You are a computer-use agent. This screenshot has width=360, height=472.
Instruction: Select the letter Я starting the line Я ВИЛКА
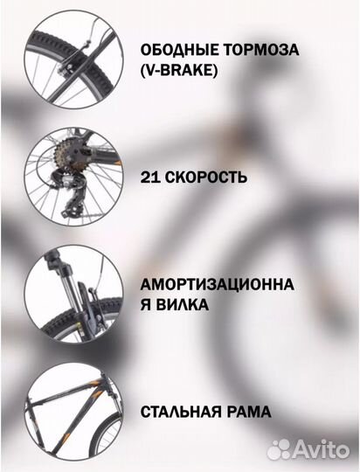pyautogui.click(x=145, y=306)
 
